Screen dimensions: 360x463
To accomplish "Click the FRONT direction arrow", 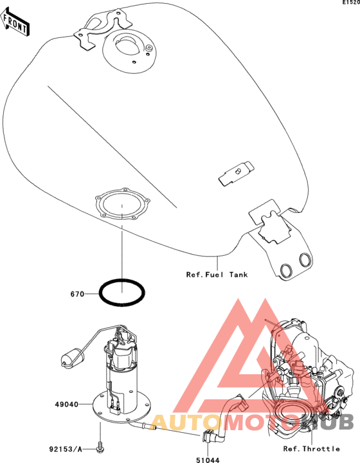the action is (15, 23).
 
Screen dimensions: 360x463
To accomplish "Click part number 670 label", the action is (77, 294).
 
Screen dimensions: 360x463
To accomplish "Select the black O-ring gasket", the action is (122, 293).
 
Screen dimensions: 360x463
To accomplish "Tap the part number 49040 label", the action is (67, 404).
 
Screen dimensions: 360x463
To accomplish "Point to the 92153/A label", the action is (66, 449).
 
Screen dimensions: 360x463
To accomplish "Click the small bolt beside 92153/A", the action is (100, 447).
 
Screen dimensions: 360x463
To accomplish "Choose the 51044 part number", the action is (208, 460).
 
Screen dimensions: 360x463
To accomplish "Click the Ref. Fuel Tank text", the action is (217, 275).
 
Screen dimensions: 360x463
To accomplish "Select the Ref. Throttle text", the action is (311, 449).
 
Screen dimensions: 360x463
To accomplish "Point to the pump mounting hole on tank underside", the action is (122, 204).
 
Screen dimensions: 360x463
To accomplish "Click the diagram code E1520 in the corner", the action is (351, 3).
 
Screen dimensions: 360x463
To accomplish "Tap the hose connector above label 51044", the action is (208, 435).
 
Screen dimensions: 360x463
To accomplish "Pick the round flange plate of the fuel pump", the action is (122, 408).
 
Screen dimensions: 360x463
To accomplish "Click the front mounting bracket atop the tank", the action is (102, 29).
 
